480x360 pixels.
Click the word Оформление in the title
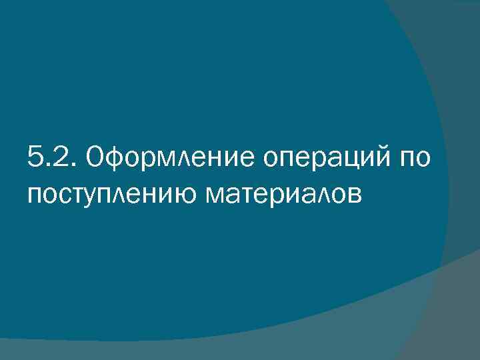172,160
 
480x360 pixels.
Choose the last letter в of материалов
354,194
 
